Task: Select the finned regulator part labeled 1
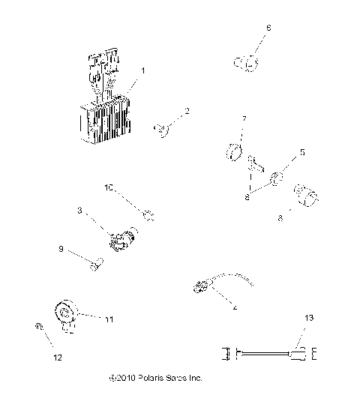pyautogui.click(x=105, y=105)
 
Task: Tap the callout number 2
pyautogui.click(x=187, y=111)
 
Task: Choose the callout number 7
pyautogui.click(x=244, y=120)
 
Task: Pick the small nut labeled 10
pyautogui.click(x=148, y=217)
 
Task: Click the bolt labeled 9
pyautogui.click(x=95, y=264)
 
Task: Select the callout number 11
pyautogui.click(x=109, y=319)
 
